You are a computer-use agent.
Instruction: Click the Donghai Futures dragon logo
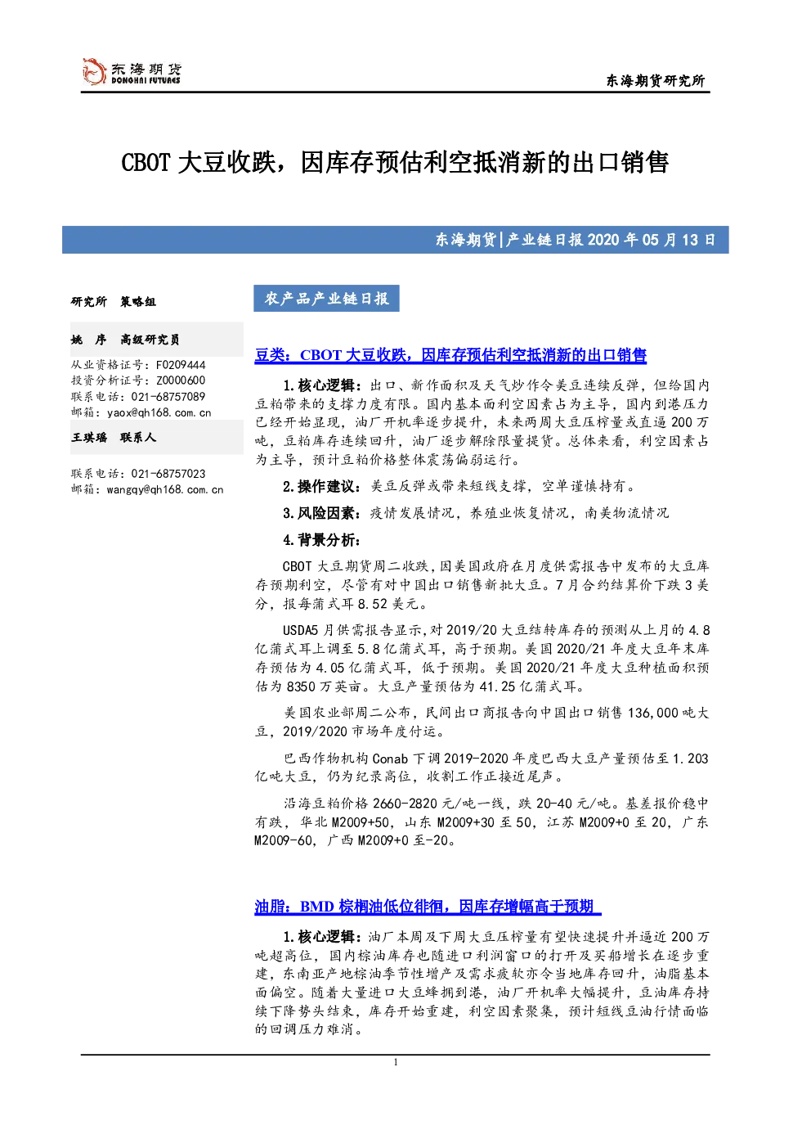pos(94,70)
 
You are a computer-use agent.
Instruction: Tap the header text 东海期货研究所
pos(656,80)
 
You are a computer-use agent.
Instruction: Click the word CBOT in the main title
pos(146,163)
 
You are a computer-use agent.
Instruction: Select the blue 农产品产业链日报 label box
pos(326,299)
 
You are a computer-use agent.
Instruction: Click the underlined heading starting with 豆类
pos(450,355)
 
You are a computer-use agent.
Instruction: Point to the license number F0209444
pos(181,365)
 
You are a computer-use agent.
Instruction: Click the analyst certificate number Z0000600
pos(181,380)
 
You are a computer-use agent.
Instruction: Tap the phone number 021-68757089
pos(168,397)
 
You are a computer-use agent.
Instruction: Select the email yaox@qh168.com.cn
pos(159,412)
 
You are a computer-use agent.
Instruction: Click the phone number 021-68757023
pos(168,474)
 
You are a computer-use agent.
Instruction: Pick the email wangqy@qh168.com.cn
pos(165,489)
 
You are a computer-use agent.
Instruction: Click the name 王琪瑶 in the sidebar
pos(89,437)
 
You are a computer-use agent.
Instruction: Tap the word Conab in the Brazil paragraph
pos(390,759)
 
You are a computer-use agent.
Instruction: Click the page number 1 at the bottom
pos(395,1062)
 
